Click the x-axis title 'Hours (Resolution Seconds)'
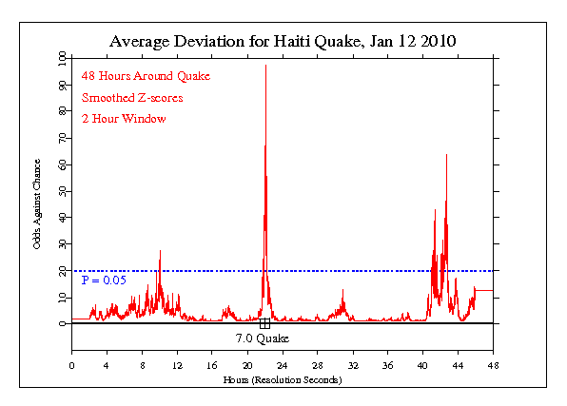283,379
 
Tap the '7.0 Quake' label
262,338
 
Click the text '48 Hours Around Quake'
146,75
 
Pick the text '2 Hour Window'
124,119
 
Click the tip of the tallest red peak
265,65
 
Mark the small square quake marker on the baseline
264,324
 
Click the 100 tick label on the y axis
62,58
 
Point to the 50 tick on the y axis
62,191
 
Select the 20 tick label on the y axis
62,271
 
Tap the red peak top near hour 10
160,250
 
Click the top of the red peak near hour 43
446,154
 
